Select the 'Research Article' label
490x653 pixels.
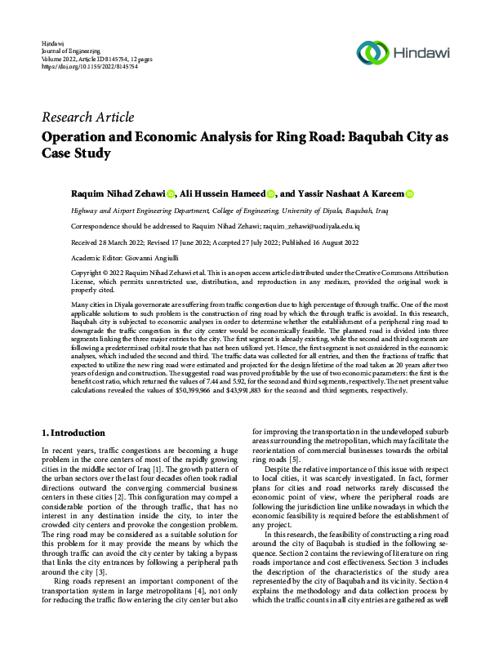click(x=87, y=117)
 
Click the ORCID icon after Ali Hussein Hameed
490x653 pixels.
click(x=269, y=194)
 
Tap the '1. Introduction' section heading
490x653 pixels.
click(x=73, y=433)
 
